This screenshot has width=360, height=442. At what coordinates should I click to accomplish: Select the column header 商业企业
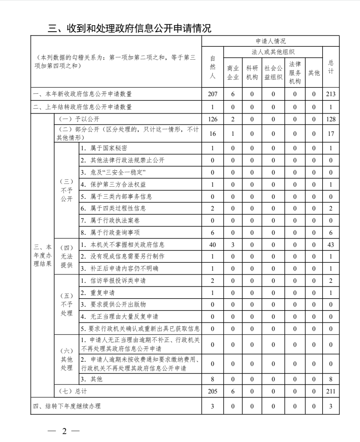coord(233,72)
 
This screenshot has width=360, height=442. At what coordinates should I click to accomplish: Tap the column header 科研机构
coord(252,72)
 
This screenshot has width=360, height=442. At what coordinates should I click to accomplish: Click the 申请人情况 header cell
coord(270,42)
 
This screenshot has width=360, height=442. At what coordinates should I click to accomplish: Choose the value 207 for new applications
coord(212,94)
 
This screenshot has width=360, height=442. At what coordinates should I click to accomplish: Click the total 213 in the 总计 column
coord(331,94)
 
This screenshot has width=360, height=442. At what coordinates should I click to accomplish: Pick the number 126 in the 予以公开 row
coord(212,119)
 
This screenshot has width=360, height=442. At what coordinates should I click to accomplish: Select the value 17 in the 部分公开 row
coord(331,133)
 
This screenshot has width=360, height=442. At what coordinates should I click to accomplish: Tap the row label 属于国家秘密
coord(103,148)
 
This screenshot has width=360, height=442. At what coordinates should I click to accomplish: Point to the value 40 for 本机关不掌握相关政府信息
coord(212,244)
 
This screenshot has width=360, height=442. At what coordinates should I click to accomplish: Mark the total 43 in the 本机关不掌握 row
coord(331,244)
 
